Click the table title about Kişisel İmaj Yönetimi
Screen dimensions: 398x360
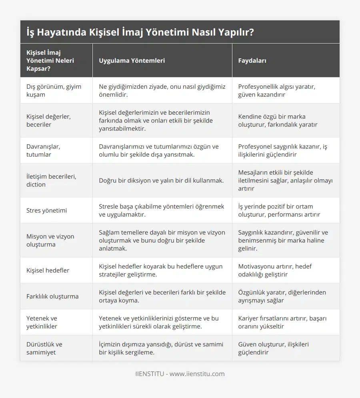point(140,32)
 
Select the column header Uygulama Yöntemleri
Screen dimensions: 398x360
point(132,61)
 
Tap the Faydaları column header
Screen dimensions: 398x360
point(252,61)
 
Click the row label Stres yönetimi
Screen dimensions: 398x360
point(47,210)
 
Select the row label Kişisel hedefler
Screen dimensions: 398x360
point(48,270)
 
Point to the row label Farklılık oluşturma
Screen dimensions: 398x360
point(52,296)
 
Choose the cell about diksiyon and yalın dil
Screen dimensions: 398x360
point(161,180)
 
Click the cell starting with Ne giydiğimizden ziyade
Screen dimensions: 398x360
point(162,90)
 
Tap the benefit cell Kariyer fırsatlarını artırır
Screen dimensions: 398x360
point(282,322)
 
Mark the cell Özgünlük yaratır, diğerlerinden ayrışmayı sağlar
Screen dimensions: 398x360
point(282,296)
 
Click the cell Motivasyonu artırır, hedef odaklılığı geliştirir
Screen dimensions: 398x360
point(275,270)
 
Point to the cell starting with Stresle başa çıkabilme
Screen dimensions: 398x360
point(162,210)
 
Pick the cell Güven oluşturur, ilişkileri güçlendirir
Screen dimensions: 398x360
point(273,348)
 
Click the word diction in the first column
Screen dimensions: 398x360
point(36,185)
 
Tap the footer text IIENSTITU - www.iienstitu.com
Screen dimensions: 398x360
point(180,374)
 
